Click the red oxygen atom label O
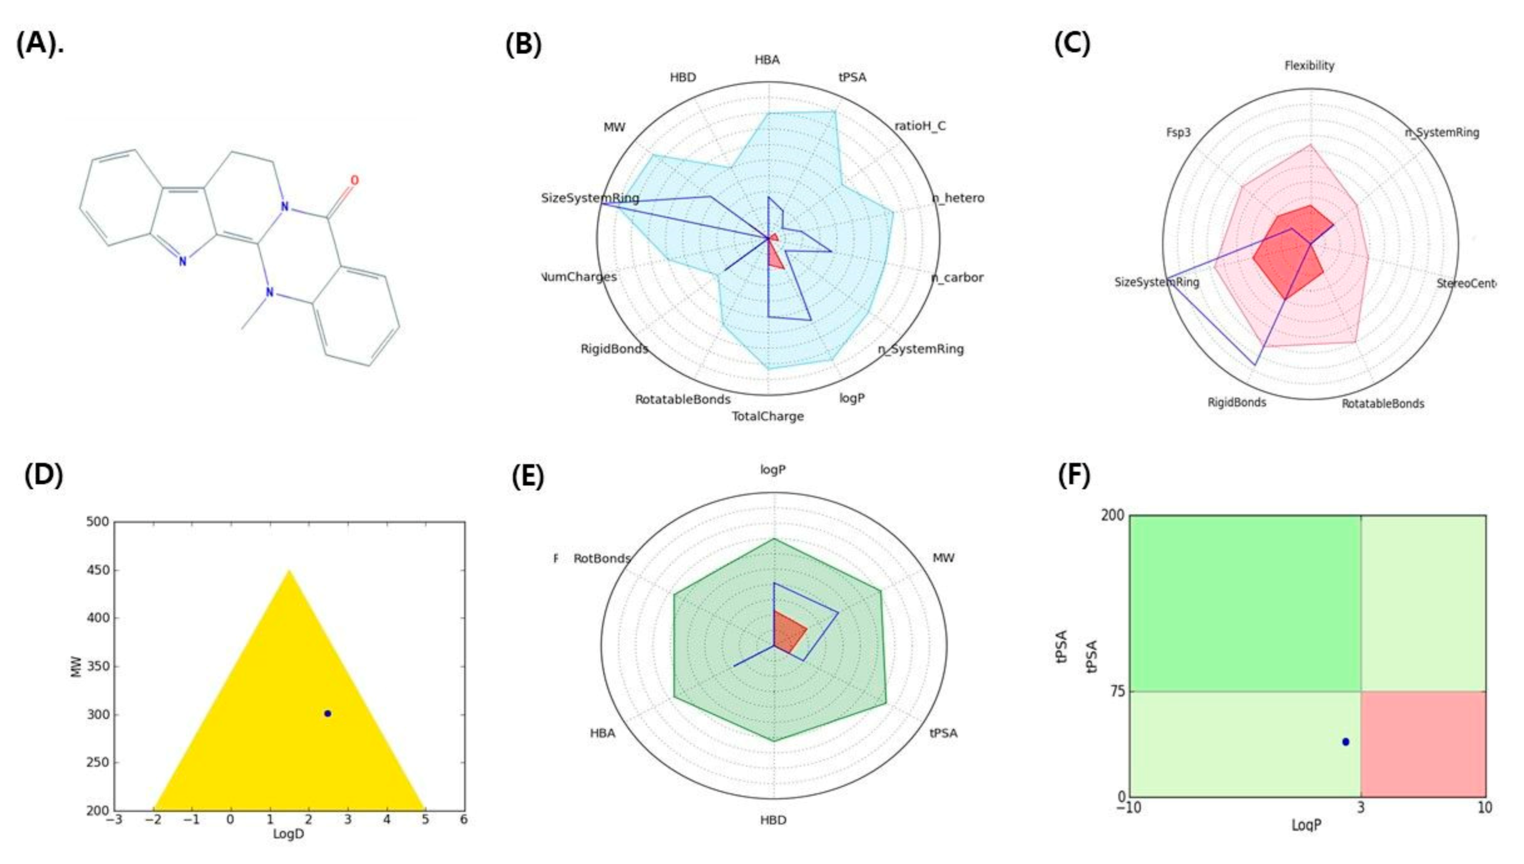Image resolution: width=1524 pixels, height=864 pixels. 354,180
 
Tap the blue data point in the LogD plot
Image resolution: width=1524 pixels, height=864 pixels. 328,713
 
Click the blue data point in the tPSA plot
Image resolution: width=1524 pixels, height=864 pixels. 1346,741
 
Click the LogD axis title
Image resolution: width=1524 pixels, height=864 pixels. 288,834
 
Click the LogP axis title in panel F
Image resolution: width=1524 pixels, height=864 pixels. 1306,825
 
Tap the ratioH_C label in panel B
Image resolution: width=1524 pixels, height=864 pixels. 920,126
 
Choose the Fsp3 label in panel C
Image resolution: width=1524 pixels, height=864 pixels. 1178,132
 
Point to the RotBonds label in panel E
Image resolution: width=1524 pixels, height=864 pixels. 601,558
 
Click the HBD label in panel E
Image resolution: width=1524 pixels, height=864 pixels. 773,820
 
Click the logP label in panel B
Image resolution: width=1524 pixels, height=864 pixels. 852,398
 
